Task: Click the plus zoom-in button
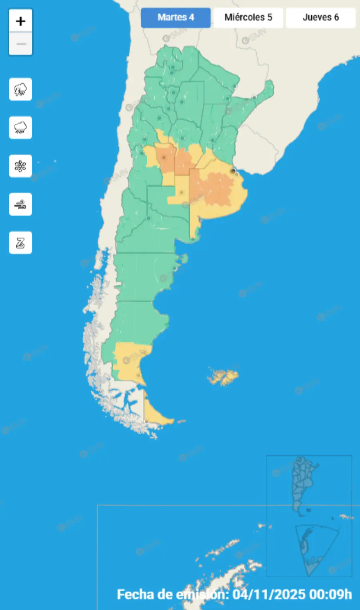point(20,21)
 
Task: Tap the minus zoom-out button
point(20,44)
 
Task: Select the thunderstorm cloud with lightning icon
point(20,89)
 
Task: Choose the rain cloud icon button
point(20,128)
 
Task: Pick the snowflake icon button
point(20,166)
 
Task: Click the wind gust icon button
point(20,204)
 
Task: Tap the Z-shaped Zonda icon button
point(20,243)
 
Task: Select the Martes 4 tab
point(176,18)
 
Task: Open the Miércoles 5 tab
point(248,18)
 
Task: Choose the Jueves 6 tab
point(320,18)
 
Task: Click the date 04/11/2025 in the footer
point(269,594)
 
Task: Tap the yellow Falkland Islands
point(223,377)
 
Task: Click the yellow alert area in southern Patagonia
point(128,360)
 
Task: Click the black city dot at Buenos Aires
point(233,171)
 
